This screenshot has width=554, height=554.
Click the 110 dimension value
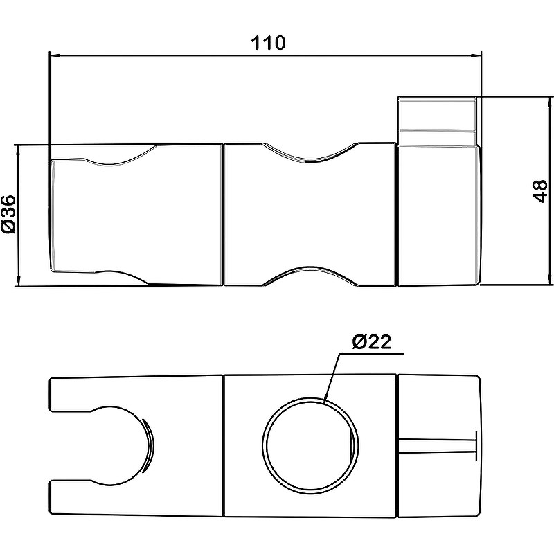click(x=268, y=43)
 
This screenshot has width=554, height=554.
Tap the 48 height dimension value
click(x=540, y=191)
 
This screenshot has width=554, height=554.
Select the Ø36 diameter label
click(x=8, y=214)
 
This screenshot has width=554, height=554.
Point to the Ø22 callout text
click(x=372, y=341)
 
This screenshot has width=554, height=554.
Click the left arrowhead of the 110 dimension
click(x=56, y=55)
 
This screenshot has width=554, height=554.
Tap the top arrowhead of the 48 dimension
click(x=549, y=103)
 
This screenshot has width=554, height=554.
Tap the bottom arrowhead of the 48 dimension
click(x=549, y=279)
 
